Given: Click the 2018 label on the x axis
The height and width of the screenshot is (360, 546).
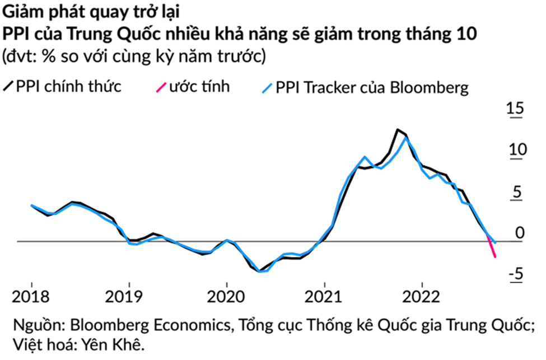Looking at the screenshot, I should [x=32, y=296].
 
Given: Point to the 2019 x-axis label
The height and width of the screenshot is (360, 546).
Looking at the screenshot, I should [x=129, y=296].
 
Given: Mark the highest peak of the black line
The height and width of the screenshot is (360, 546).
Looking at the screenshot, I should [x=397, y=130].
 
